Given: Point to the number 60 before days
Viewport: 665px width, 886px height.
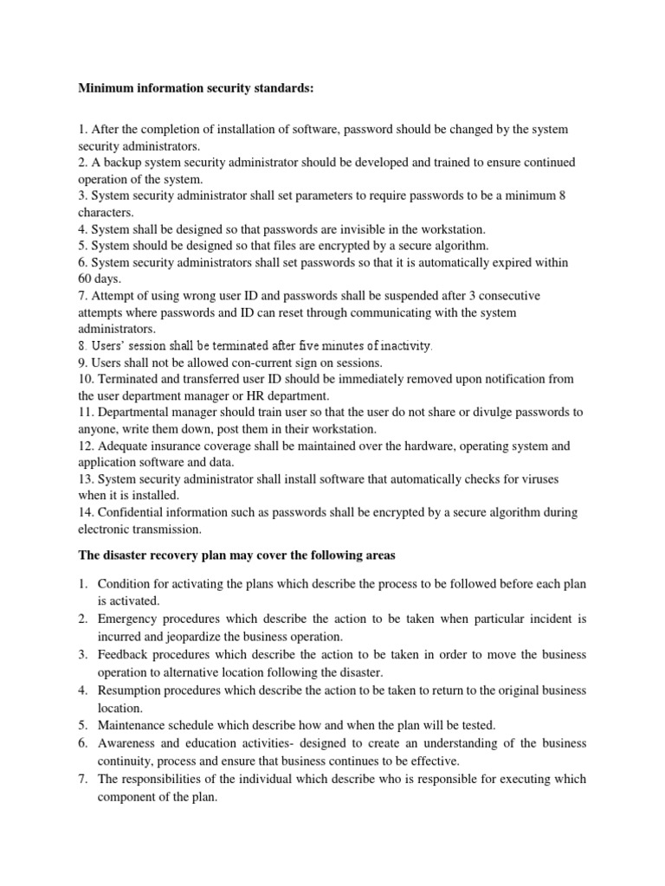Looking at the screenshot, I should pos(86,279).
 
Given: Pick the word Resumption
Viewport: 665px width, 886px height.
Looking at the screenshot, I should pos(132,690).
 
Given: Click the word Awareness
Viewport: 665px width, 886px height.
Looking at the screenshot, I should pos(130,744).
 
